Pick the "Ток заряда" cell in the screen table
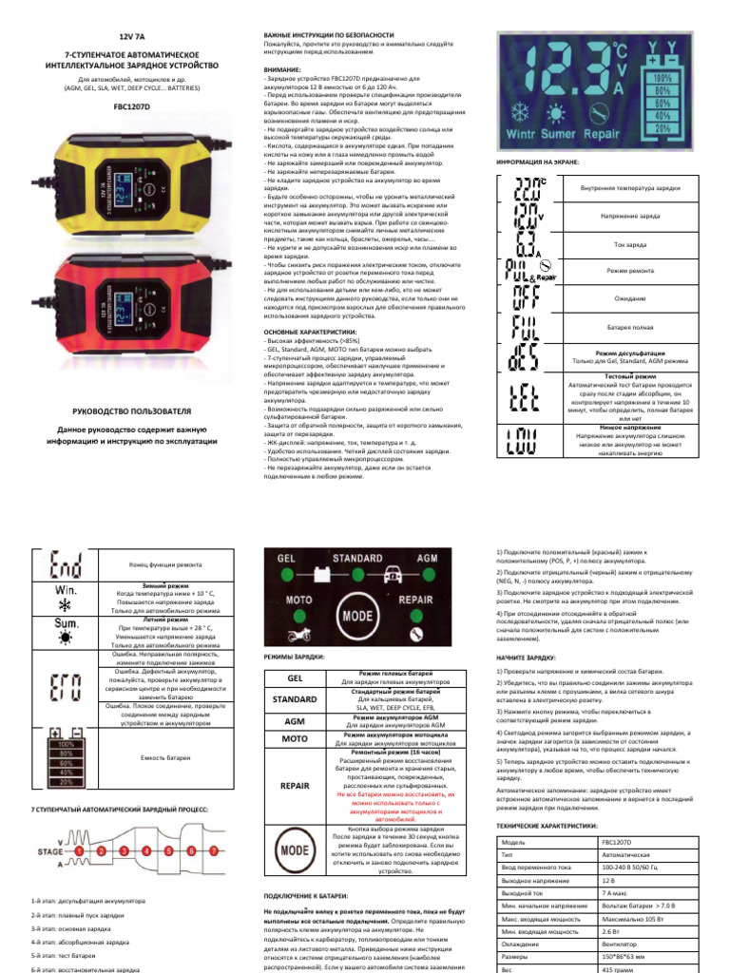point(629,245)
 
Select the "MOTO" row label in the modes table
point(295,736)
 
